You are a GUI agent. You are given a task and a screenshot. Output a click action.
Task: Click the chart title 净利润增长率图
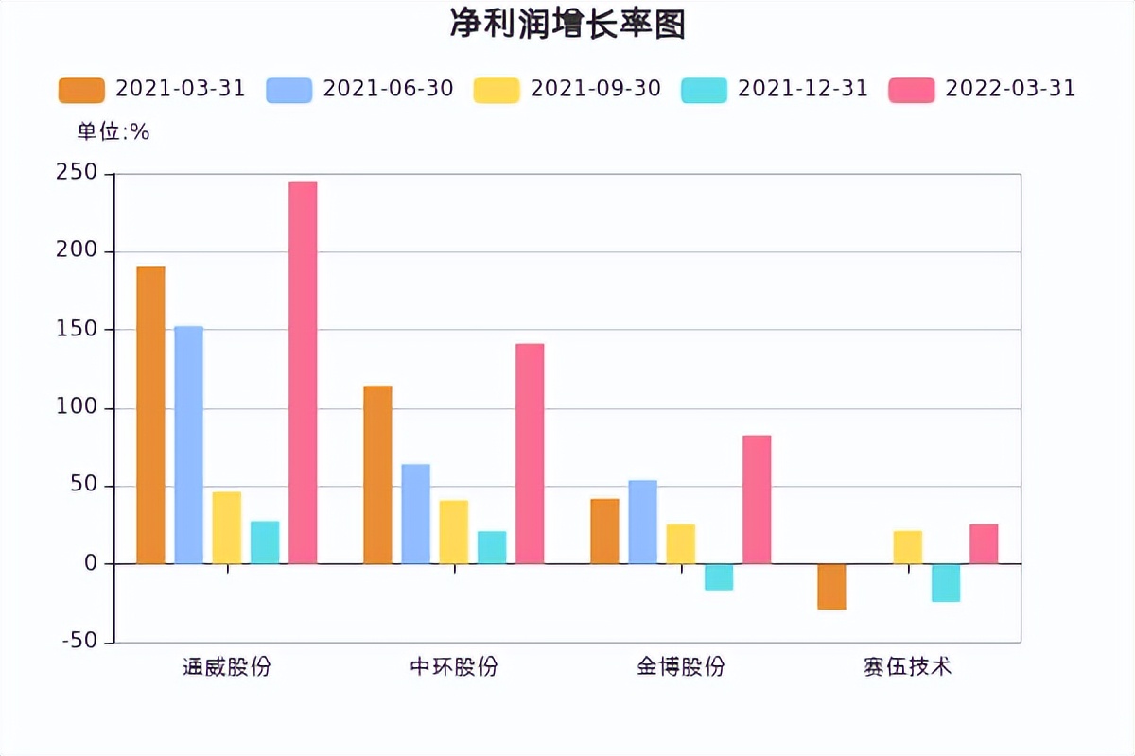[567, 26]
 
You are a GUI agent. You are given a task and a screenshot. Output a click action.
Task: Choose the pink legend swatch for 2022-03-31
[912, 90]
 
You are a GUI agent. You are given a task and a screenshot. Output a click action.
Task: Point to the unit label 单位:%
[113, 132]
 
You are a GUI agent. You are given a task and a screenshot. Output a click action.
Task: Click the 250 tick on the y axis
[77, 173]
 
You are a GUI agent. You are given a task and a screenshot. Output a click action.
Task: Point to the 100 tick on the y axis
[77, 407]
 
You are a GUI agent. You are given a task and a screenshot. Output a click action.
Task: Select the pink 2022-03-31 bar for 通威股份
[303, 372]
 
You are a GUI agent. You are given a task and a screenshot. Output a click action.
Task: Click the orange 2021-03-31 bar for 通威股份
[150, 415]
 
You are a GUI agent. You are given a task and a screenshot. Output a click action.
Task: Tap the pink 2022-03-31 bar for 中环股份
[530, 453]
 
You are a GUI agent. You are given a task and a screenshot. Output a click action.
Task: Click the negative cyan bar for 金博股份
[719, 576]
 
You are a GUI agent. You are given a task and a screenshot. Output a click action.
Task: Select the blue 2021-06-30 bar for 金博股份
[642, 522]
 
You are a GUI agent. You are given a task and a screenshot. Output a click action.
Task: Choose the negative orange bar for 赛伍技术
[831, 586]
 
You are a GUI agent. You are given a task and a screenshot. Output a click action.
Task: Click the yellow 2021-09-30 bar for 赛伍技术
[907, 547]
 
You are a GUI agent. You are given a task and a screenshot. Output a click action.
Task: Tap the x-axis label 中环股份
[454, 667]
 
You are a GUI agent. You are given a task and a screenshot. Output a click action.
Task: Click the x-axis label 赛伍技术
[908, 667]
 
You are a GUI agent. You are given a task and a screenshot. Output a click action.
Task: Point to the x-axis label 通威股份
[227, 667]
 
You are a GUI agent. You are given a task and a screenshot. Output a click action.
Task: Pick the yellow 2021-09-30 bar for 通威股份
[227, 527]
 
